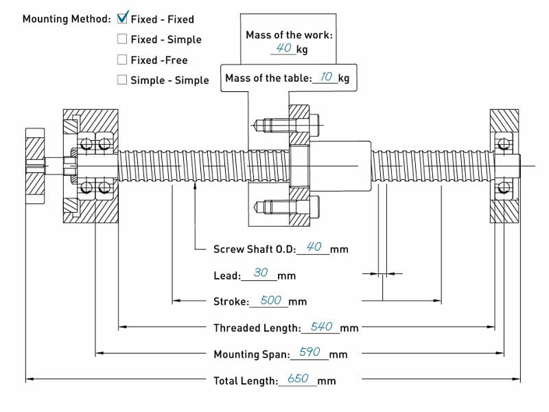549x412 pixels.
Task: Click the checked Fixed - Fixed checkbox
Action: [x=122, y=18]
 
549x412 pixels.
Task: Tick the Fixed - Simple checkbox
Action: [x=122, y=38]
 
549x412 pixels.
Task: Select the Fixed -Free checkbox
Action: [x=122, y=59]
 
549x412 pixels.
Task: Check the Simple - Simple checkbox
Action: [x=122, y=80]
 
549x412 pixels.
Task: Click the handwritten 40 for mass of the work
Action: [x=283, y=47]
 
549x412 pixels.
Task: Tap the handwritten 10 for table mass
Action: [x=326, y=76]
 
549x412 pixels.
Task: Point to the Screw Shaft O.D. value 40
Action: [x=314, y=247]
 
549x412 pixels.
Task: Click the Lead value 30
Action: [x=261, y=273]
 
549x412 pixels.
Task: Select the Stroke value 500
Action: [x=270, y=300]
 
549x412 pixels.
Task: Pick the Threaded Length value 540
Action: [x=321, y=327]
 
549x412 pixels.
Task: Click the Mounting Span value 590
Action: [x=310, y=352]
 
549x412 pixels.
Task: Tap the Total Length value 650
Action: [x=298, y=378]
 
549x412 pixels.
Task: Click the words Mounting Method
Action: [x=67, y=19]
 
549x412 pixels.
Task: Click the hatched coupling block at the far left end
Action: [x=35, y=165]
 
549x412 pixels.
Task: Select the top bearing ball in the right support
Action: [x=504, y=144]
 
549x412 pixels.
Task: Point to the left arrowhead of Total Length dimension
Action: [x=30, y=379]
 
